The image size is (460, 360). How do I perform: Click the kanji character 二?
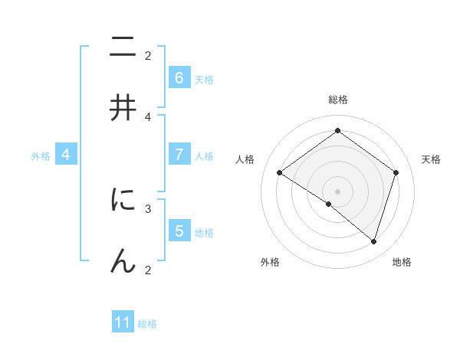[123, 48]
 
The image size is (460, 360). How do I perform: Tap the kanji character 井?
[123, 109]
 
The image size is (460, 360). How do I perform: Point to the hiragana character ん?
[123, 260]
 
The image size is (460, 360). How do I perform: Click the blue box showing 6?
[179, 78]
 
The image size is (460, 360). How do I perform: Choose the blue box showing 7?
[179, 155]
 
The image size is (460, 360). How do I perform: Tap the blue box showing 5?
[179, 231]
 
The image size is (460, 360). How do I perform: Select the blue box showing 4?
[66, 155]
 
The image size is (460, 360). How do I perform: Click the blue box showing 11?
[123, 322]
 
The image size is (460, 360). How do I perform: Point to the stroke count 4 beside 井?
[148, 116]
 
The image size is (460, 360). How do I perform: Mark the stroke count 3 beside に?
[148, 208]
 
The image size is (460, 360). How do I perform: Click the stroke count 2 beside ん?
[148, 269]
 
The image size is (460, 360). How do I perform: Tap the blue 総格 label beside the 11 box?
[147, 324]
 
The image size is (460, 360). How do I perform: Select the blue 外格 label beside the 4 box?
[41, 155]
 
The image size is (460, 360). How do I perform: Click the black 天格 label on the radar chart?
[431, 159]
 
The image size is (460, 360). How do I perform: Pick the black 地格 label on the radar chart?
[402, 263]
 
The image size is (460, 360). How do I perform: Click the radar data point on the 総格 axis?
[337, 130]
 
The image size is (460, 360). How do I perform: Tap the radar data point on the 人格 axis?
[280, 172]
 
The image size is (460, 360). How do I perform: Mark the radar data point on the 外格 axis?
[329, 204]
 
